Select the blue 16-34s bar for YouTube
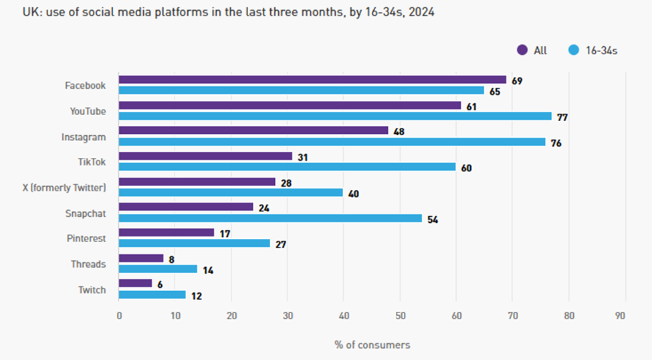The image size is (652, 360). point(335,116)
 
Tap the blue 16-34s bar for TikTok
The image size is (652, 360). point(288,167)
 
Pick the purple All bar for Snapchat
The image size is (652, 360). point(186,207)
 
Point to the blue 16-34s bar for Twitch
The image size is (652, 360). point(152,295)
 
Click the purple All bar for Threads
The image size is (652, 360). point(141,258)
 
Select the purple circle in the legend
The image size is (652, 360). point(522,50)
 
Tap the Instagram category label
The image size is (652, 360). point(84,137)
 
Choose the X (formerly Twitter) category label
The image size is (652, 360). point(64,187)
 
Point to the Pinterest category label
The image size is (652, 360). point(86,238)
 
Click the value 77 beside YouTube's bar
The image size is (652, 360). point(564,117)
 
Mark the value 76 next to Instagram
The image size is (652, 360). point(556,143)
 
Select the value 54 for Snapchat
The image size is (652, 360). point(433,219)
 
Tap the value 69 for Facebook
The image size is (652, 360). point(517,81)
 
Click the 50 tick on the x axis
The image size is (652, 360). point(400,316)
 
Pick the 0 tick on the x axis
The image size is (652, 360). point(119,316)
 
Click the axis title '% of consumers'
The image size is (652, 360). point(372,345)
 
